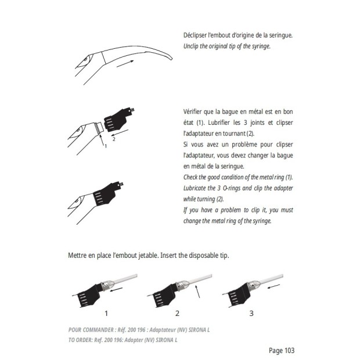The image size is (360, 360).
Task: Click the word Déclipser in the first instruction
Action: pyautogui.click(x=195, y=35)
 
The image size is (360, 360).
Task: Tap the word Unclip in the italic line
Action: pyautogui.click(x=191, y=46)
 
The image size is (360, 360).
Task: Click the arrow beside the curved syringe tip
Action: pyautogui.click(x=125, y=64)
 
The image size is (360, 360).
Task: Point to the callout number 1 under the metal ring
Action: pyautogui.click(x=106, y=146)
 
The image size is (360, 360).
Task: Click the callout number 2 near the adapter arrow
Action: pyautogui.click(x=114, y=139)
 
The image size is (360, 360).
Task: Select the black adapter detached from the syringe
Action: pyautogui.click(x=118, y=120)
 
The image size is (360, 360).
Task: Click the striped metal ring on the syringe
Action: pyautogui.click(x=99, y=128)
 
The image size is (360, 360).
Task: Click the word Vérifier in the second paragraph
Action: pyautogui.click(x=193, y=112)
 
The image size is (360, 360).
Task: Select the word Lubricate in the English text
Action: pyautogui.click(x=195, y=188)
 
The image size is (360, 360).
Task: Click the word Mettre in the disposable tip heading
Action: pyautogui.click(x=77, y=255)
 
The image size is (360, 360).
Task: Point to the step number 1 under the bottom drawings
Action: pyautogui.click(x=106, y=313)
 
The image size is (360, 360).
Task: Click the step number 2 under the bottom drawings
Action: pyautogui.click(x=177, y=313)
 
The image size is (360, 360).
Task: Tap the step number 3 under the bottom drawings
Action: pyautogui.click(x=251, y=313)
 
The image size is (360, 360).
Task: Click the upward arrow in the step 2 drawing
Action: pyautogui.click(x=197, y=291)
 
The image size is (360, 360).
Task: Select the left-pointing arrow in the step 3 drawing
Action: pyautogui.click(x=273, y=286)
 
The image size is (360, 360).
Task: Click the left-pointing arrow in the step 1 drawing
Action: pyautogui.click(x=116, y=290)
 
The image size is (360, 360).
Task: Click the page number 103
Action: pyautogui.click(x=289, y=351)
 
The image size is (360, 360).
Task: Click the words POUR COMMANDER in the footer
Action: pyautogui.click(x=91, y=330)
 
